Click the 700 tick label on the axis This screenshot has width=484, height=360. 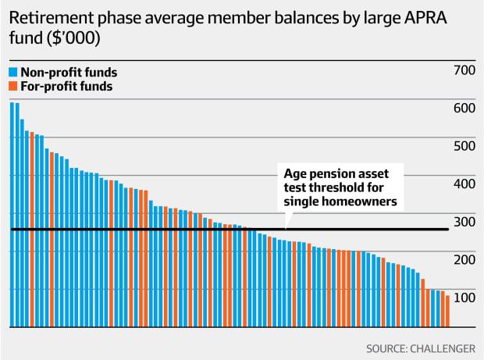[x=464, y=71]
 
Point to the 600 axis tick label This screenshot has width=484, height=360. [x=464, y=109]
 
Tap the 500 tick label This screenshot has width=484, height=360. [x=464, y=146]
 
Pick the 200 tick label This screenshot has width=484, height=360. [x=464, y=259]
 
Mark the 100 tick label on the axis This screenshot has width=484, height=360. [x=464, y=298]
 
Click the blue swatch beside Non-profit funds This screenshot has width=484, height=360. [x=13, y=73]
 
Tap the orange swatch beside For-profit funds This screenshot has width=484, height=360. [x=13, y=87]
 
